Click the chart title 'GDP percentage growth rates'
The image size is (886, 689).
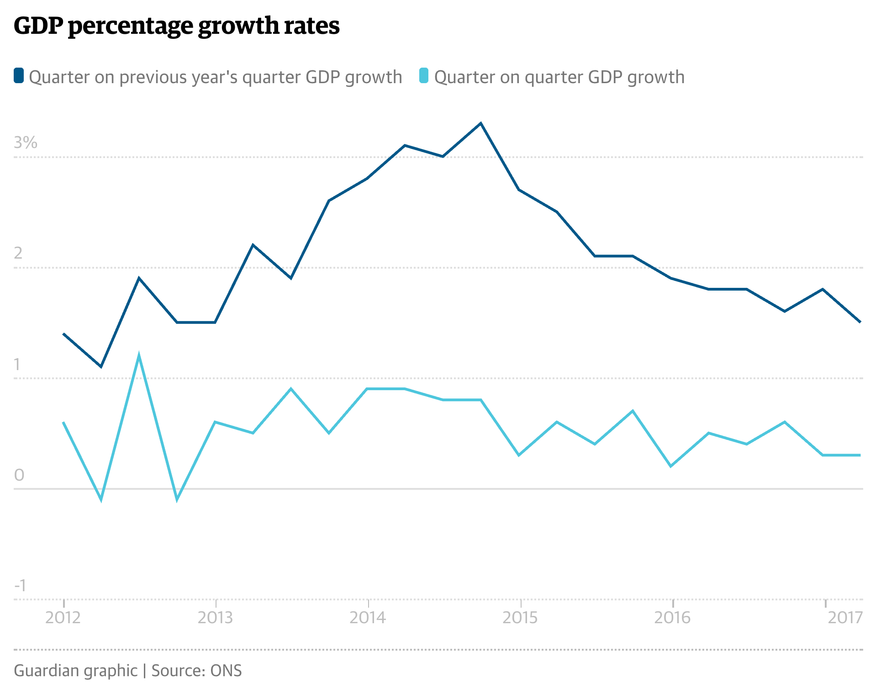(176, 26)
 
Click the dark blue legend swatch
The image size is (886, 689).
(19, 76)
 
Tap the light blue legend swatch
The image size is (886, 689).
(424, 76)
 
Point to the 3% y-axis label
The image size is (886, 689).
(26, 143)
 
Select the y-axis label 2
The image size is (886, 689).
(18, 253)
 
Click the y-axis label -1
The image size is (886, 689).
(20, 585)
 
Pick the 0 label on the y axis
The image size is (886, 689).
(19, 475)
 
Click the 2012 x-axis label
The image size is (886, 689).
(63, 618)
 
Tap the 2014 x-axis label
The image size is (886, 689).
(368, 618)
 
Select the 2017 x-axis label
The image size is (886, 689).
(845, 618)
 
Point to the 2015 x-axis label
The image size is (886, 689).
(520, 618)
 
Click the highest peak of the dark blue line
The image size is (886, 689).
(481, 123)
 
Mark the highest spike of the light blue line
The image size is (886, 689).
(139, 355)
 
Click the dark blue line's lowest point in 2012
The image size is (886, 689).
(101, 366)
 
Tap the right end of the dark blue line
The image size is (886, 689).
(860, 322)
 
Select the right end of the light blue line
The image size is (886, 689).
(860, 455)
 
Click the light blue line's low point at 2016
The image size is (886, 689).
(671, 466)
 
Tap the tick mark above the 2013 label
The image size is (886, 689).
(216, 603)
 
